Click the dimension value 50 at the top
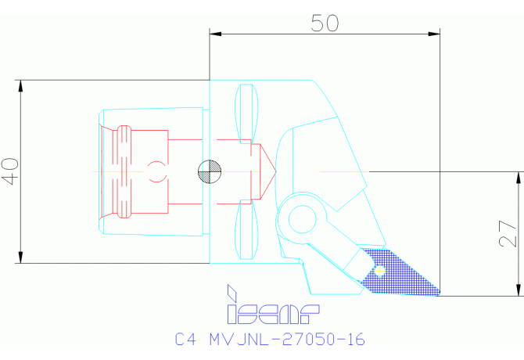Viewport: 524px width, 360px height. click(x=325, y=23)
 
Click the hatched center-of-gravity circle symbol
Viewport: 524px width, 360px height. click(x=210, y=171)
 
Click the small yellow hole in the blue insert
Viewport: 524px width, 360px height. click(x=380, y=272)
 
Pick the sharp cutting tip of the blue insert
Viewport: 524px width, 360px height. click(x=439, y=293)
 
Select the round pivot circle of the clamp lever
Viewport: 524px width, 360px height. click(x=301, y=221)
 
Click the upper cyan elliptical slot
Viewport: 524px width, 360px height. click(x=246, y=112)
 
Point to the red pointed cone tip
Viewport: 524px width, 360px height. click(x=271, y=171)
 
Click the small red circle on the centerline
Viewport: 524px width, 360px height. click(x=156, y=171)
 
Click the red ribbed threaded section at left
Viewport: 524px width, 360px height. click(x=124, y=171)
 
